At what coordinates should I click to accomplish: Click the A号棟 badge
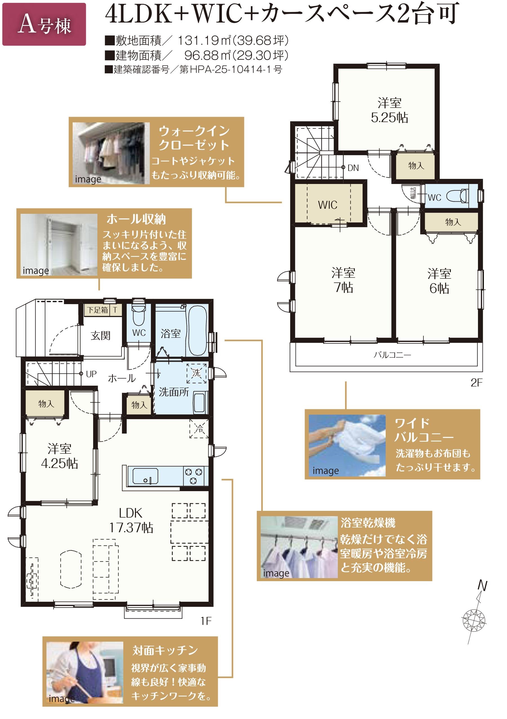click(x=44, y=24)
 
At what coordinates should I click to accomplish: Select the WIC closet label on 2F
click(x=327, y=205)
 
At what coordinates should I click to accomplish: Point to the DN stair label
click(x=353, y=168)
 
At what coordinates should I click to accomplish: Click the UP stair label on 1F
click(x=91, y=374)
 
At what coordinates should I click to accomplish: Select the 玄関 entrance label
click(x=100, y=335)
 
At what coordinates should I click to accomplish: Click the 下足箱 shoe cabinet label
click(x=97, y=310)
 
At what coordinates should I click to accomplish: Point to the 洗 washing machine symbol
click(x=196, y=373)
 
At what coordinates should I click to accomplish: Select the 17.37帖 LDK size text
click(x=131, y=528)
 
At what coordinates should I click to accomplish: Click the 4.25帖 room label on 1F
click(x=59, y=464)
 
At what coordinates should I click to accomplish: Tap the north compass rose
click(x=474, y=617)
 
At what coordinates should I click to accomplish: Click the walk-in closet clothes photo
click(x=111, y=153)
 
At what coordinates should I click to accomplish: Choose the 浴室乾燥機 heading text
click(x=368, y=523)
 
